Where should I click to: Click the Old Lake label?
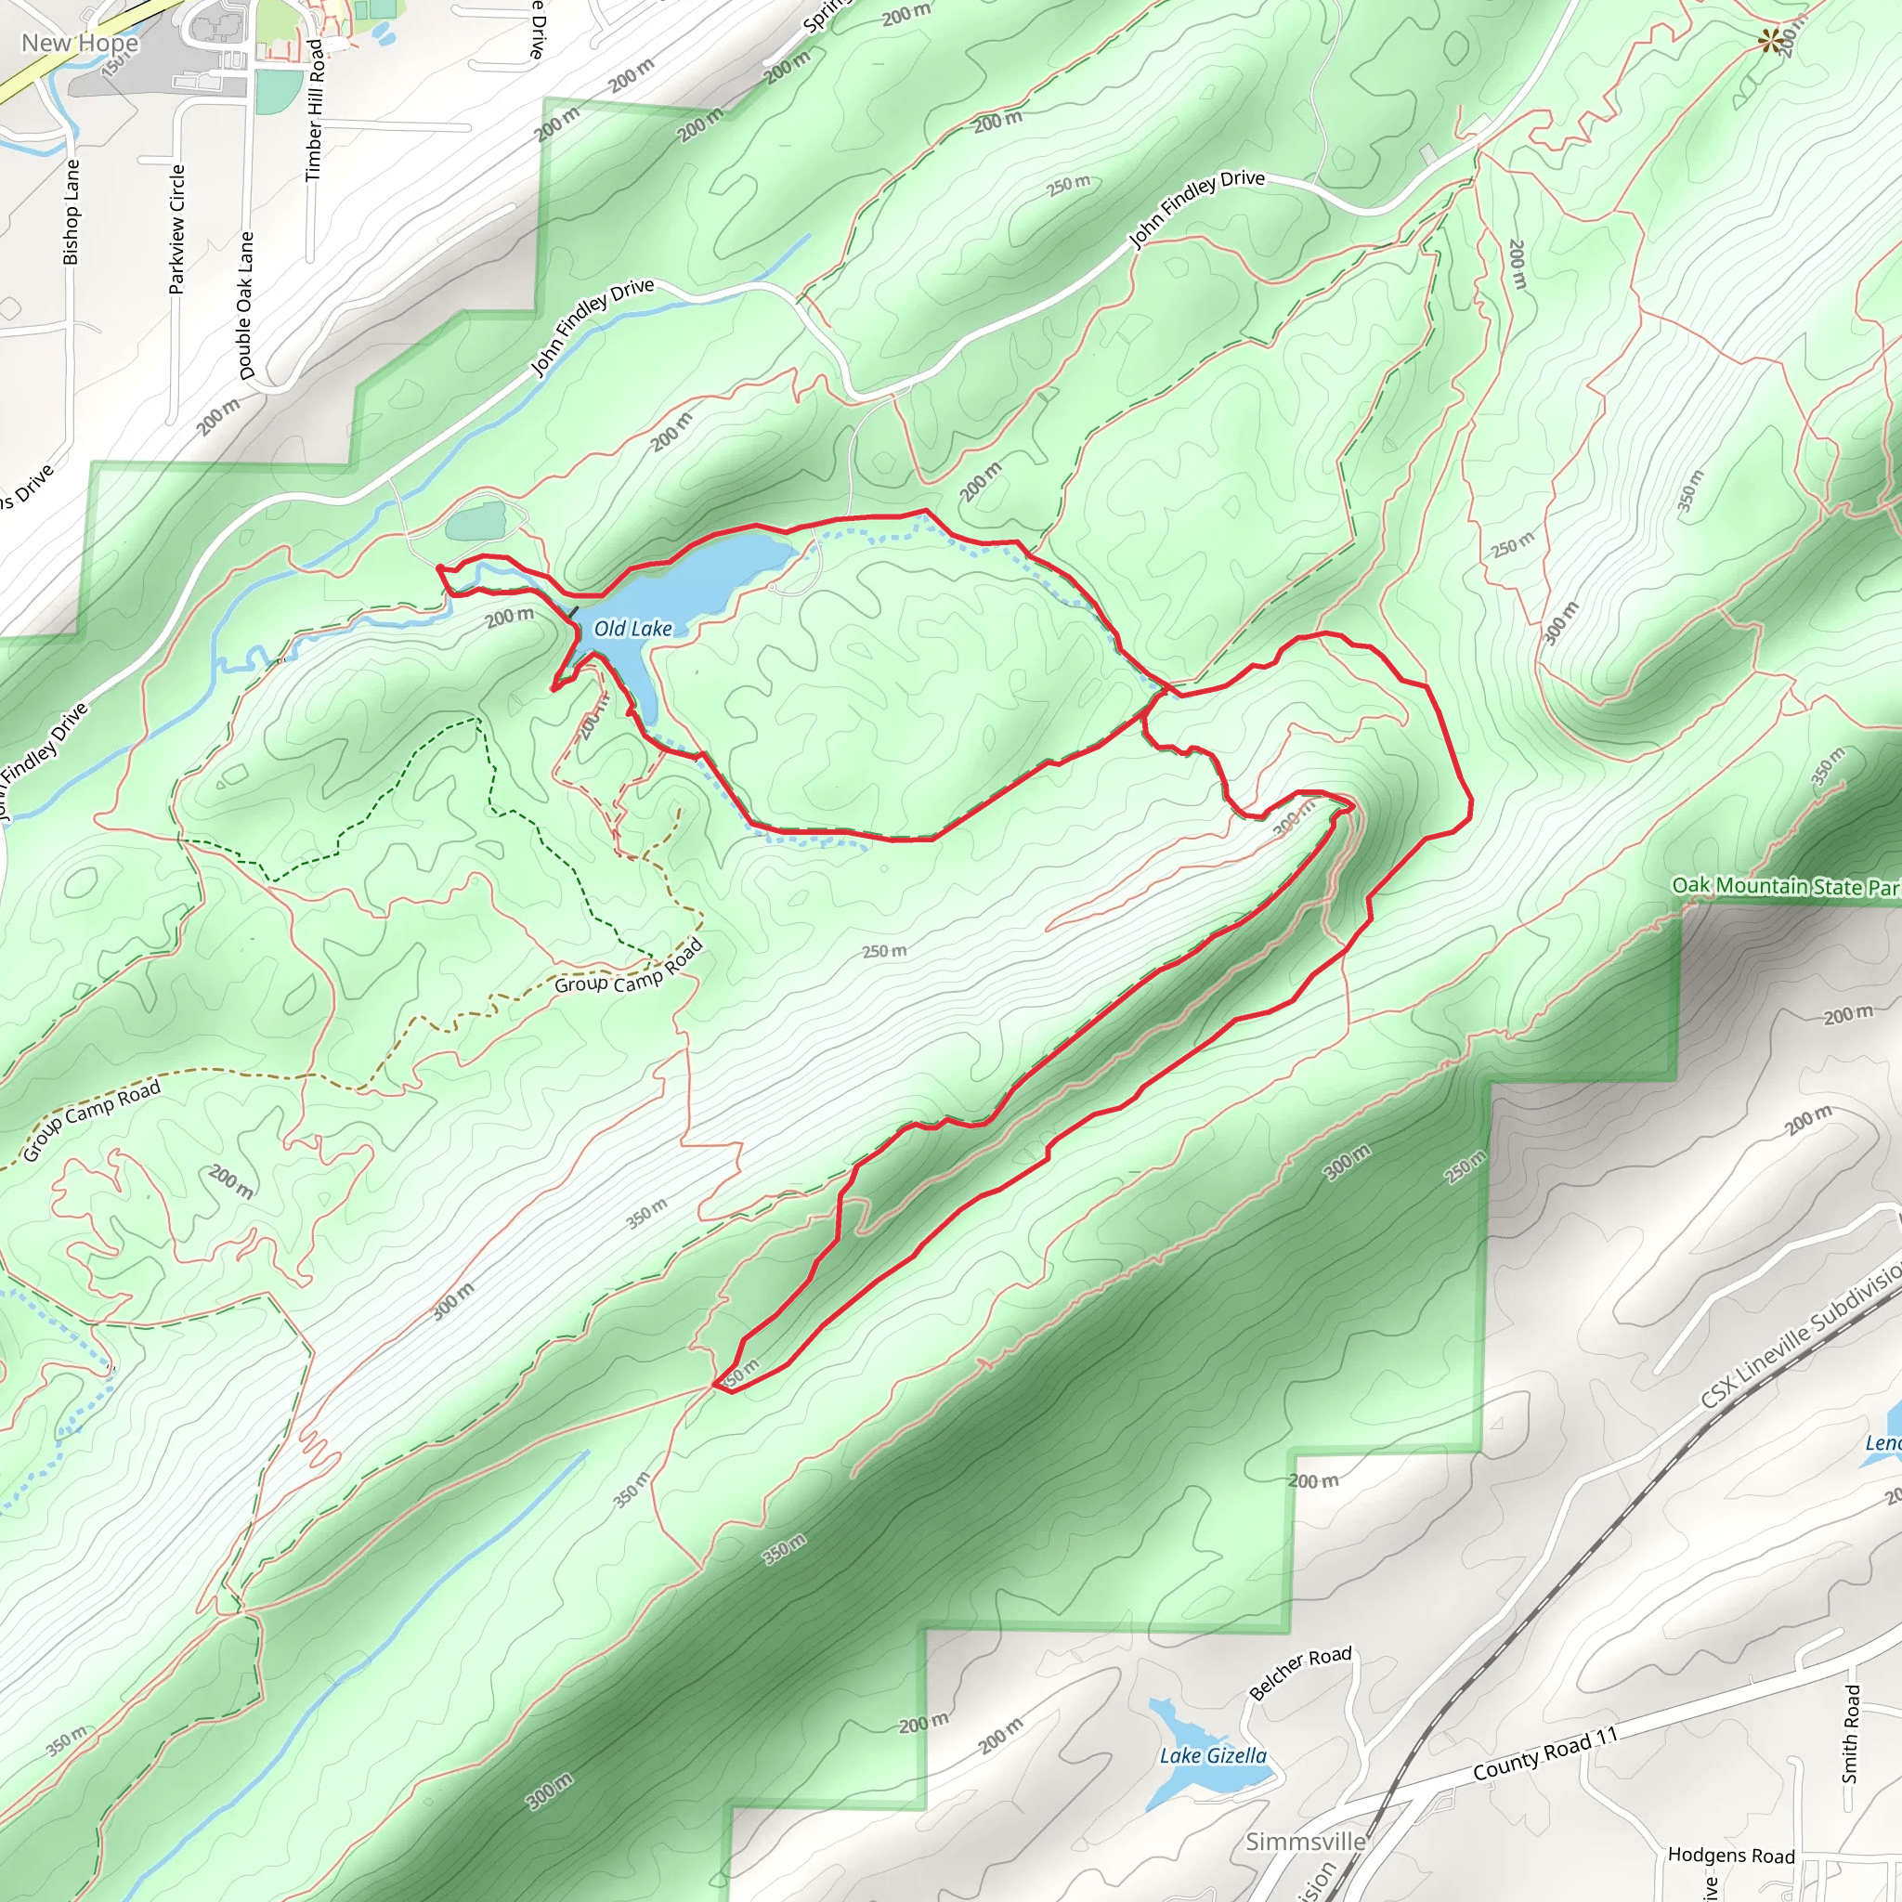click(633, 629)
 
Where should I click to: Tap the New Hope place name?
click(80, 44)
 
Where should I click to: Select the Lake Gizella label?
click(1213, 1756)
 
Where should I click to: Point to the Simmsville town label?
click(1306, 1842)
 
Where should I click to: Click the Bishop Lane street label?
click(71, 213)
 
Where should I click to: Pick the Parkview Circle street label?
click(177, 229)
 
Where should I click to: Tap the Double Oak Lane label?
click(245, 306)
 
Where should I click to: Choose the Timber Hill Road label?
click(315, 111)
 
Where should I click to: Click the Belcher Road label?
click(1300, 1673)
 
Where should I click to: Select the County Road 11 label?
click(1545, 1753)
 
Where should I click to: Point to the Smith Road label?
click(1851, 1734)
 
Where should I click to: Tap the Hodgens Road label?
click(1731, 1856)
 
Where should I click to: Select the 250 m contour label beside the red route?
click(885, 951)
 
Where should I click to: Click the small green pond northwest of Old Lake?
click(476, 522)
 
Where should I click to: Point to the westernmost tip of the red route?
click(438, 568)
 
